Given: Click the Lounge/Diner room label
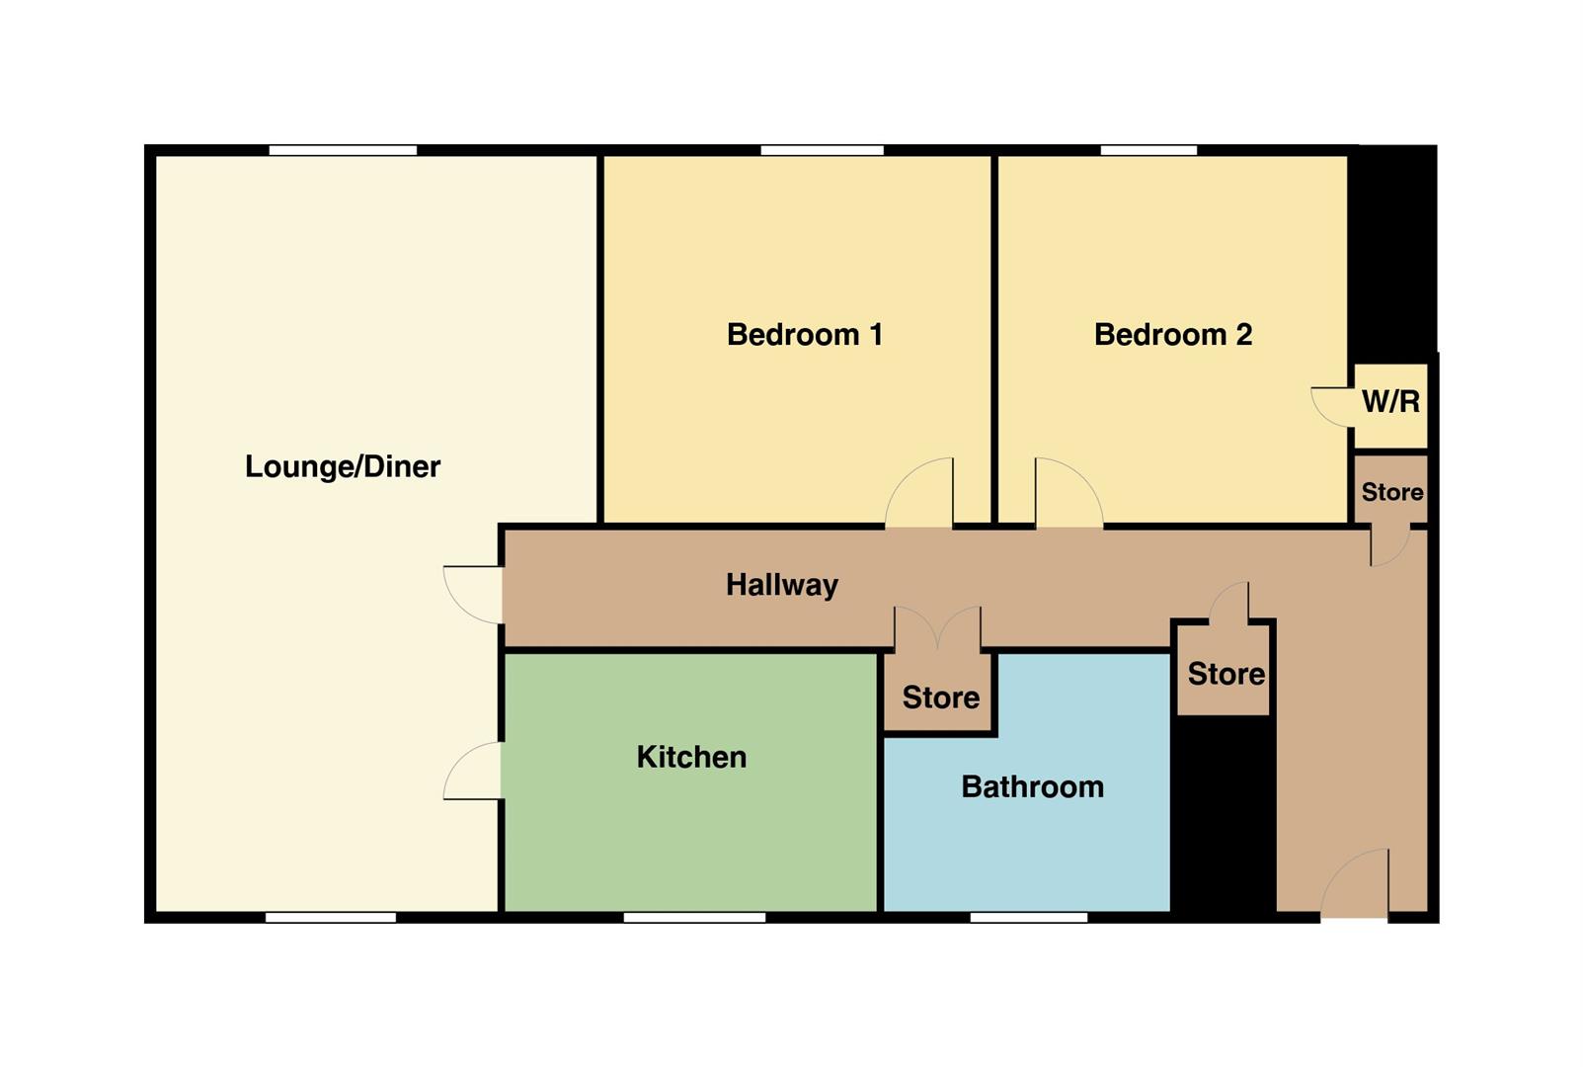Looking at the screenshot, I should [343, 466].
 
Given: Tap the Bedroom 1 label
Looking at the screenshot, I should [804, 335].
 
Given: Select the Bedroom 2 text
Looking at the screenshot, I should [1172, 335].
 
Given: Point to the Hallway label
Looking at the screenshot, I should [781, 585].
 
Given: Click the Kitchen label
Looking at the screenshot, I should [691, 757].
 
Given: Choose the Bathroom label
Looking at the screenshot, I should [1032, 786].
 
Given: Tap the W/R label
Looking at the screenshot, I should [1390, 402].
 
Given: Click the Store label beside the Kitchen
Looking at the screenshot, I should [940, 698].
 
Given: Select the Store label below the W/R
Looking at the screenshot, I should [1392, 492].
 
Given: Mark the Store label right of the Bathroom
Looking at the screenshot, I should [1226, 674].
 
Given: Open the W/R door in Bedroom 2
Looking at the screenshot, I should [1332, 406].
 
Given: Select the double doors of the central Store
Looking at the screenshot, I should [937, 628].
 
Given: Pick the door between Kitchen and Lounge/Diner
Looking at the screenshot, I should [473, 771].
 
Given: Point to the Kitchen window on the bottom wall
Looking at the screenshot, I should [694, 918].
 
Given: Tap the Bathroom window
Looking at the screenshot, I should [1028, 918].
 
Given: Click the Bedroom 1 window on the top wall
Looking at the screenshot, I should [822, 150].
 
